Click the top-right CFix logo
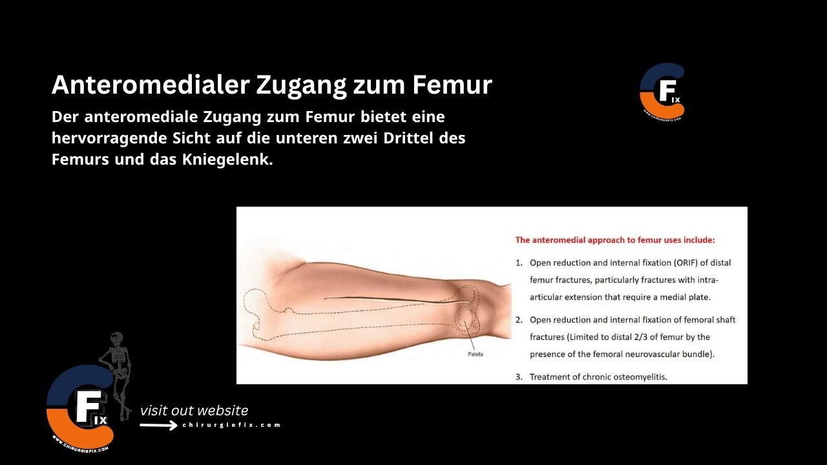tap(662, 90)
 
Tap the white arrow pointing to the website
tap(159, 425)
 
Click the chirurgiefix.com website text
tap(231, 425)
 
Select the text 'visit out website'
tap(194, 411)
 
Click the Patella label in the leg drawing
tap(475, 354)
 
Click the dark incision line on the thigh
tap(394, 300)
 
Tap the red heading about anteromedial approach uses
tap(614, 240)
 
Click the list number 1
tap(519, 263)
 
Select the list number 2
tap(519, 320)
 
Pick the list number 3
tap(519, 377)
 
